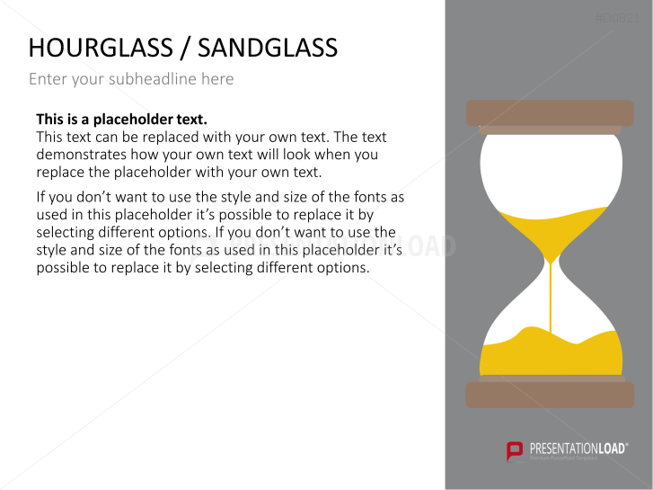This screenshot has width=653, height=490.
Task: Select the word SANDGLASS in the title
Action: (x=269, y=48)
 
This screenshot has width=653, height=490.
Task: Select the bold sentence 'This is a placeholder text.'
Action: (x=121, y=119)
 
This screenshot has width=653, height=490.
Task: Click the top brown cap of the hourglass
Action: (x=550, y=112)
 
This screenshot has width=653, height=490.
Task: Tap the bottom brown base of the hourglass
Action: (x=550, y=395)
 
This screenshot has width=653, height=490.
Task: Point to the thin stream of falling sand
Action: (x=551, y=301)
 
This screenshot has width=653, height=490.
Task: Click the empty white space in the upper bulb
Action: (x=550, y=171)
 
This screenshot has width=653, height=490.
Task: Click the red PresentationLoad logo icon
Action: (x=515, y=450)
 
